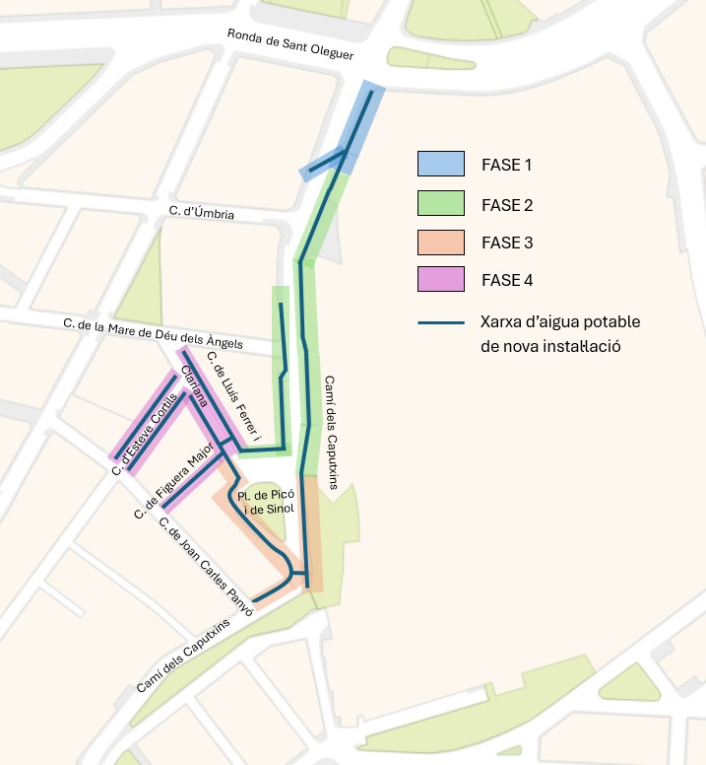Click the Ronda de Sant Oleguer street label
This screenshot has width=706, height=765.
(x=290, y=45)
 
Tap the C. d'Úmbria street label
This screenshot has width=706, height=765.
(x=202, y=212)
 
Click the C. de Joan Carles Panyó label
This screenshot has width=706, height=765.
(x=206, y=567)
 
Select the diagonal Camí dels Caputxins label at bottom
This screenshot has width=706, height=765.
(x=184, y=655)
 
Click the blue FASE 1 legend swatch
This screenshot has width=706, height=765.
(x=441, y=164)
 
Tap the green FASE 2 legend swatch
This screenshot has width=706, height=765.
(x=441, y=205)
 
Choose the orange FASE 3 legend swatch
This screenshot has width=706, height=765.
(x=441, y=243)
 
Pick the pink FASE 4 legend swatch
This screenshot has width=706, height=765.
(x=441, y=280)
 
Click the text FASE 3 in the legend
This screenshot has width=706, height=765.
(x=506, y=243)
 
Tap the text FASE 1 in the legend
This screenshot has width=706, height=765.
(x=506, y=164)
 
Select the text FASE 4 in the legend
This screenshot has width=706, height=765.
(x=506, y=280)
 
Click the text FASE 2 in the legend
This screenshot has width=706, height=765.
(x=506, y=205)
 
